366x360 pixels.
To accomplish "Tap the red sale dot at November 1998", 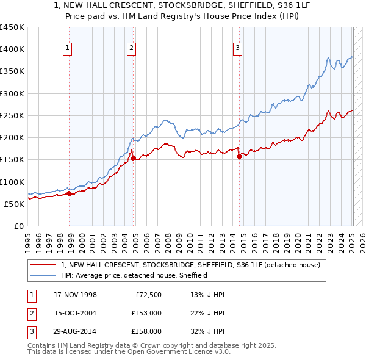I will [69, 194].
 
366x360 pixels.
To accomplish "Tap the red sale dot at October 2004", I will [133, 159].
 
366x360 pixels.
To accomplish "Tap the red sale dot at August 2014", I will [239, 156].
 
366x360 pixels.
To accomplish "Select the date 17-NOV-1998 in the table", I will [75, 295].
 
